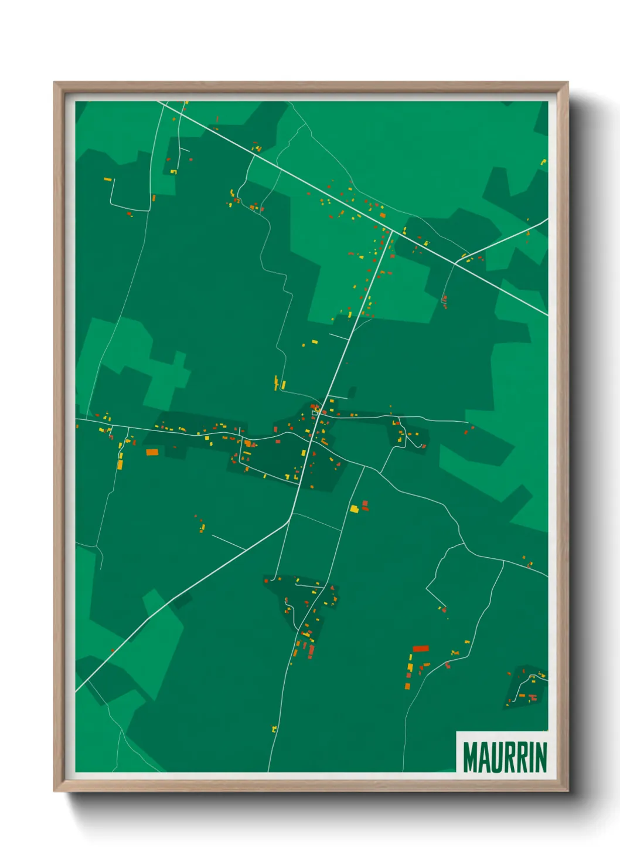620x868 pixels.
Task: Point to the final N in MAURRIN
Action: coord(541,757)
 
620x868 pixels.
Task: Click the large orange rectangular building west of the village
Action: coord(152,452)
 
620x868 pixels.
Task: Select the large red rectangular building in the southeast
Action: coord(421,649)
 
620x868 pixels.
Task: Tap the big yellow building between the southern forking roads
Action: coord(354,509)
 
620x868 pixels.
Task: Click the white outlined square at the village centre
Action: coord(315,413)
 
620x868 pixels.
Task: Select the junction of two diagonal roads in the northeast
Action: coord(455,263)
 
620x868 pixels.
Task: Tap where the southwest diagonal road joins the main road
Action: coord(291,517)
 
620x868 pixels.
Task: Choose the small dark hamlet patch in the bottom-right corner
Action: coord(526,687)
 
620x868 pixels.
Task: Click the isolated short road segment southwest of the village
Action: coord(228,542)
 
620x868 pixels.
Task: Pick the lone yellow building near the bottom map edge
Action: coord(274,729)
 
